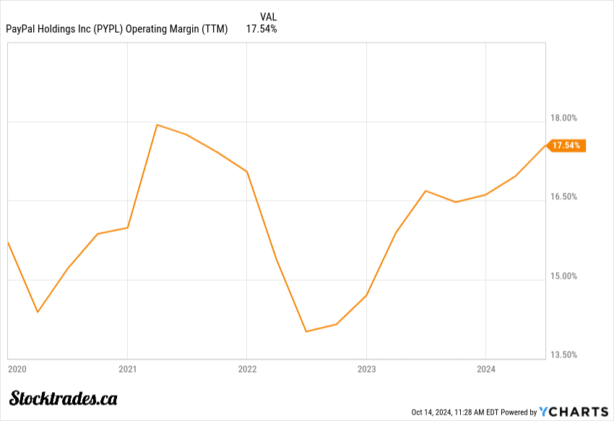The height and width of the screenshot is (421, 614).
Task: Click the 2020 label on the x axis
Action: click(17, 368)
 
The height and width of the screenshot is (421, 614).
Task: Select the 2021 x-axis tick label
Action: click(127, 368)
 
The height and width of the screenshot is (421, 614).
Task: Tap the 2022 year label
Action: click(247, 368)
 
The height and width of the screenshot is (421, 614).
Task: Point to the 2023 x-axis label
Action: click(366, 368)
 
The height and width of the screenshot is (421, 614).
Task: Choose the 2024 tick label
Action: click(486, 368)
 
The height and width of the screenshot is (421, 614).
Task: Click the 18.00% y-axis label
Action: click(564, 118)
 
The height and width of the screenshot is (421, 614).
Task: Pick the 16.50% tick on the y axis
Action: click(564, 196)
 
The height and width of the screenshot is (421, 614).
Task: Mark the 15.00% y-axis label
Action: click(564, 276)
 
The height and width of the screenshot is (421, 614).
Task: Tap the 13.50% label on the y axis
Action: click(564, 355)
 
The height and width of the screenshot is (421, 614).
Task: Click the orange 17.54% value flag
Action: click(566, 145)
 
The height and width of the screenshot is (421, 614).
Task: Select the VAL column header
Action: click(268, 17)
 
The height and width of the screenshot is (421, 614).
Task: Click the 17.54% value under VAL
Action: click(261, 29)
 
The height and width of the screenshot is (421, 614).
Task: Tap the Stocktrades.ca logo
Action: click(64, 398)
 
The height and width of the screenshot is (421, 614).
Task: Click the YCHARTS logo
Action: click(574, 412)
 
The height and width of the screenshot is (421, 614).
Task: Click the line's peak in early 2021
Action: click(157, 125)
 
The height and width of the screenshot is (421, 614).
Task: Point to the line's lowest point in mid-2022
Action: click(306, 331)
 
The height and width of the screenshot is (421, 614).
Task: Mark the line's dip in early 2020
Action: click(38, 312)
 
